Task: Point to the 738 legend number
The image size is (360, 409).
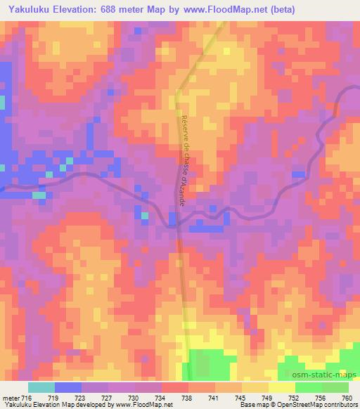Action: click(x=188, y=398)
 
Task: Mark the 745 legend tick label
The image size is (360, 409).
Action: click(x=241, y=398)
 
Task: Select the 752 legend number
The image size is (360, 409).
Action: click(x=295, y=398)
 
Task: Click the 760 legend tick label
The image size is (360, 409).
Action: click(x=347, y=398)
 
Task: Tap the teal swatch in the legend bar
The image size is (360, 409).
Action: click(x=41, y=387)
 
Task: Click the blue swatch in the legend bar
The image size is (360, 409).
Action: click(x=68, y=387)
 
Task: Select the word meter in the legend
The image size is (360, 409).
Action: click(x=11, y=398)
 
